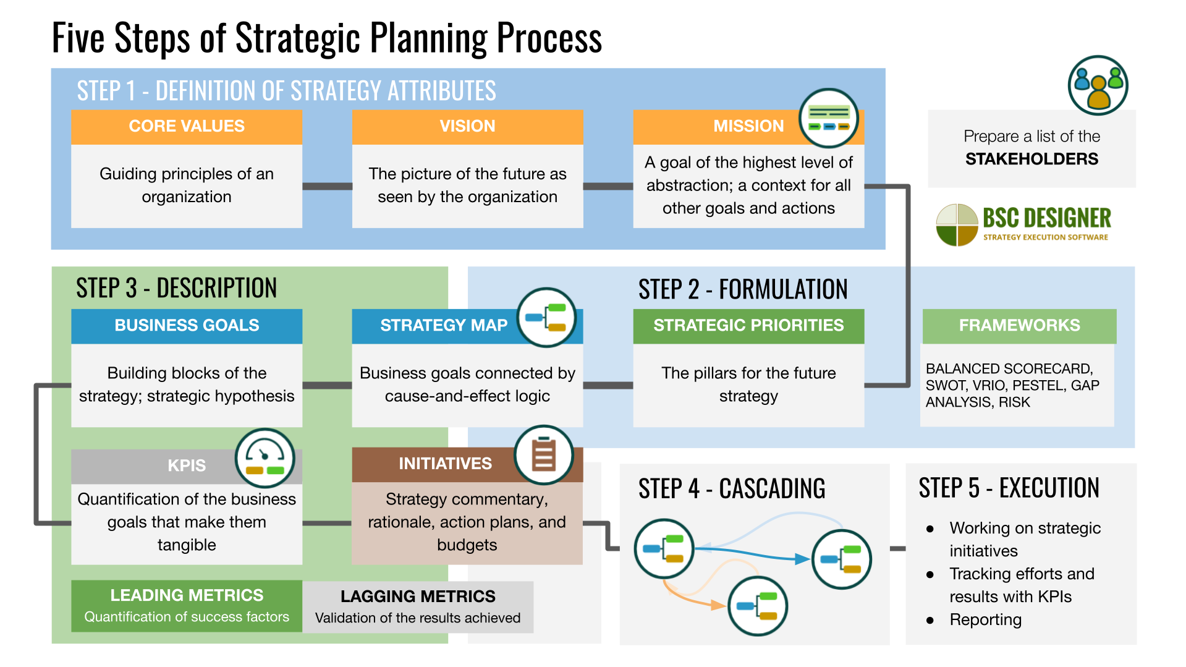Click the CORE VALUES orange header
click(187, 126)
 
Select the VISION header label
click(467, 126)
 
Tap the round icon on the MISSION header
click(828, 118)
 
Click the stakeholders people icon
click(1098, 85)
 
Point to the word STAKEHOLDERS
click(1031, 159)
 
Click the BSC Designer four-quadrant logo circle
click(957, 224)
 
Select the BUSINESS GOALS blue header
click(187, 325)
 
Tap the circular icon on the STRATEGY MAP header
click(546, 317)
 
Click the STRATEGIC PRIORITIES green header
click(748, 325)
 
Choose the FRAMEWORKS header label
click(1019, 325)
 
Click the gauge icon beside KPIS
click(265, 459)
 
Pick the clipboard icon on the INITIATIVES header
click(544, 455)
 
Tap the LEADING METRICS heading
click(187, 595)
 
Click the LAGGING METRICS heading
click(418, 597)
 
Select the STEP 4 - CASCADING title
click(732, 488)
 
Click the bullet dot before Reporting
click(930, 620)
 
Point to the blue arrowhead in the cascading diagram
click(802, 559)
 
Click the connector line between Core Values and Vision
click(327, 186)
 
